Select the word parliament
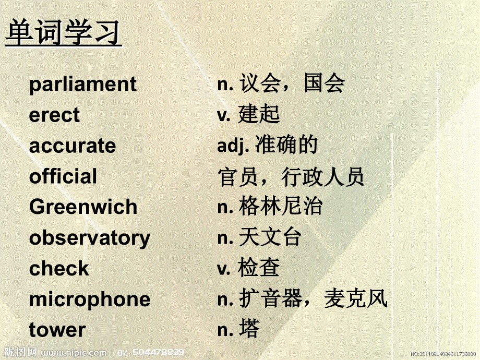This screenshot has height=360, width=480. pos(83,85)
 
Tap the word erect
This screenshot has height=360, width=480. pos(54,115)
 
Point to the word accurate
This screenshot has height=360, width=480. pos(73,146)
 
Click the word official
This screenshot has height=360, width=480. pos(63,176)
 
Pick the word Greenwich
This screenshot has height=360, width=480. pos(83,207)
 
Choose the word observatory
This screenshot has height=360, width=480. pos(89,238)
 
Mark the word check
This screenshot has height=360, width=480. pos(59,269)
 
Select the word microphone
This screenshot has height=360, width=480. pos(89,299)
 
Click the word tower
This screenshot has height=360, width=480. pos(57,330)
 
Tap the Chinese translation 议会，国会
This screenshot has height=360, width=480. pos(292,83)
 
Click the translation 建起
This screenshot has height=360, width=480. pos(259,115)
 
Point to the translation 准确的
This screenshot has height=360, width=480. pos(286,146)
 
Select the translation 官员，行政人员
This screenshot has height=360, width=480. pos(291,177)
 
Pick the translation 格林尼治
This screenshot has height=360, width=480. pos(280,207)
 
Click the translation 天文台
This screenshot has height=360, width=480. pos(270,238)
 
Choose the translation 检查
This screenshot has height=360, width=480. pos(259,269)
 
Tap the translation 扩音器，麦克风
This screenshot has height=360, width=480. pos(313,299)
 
